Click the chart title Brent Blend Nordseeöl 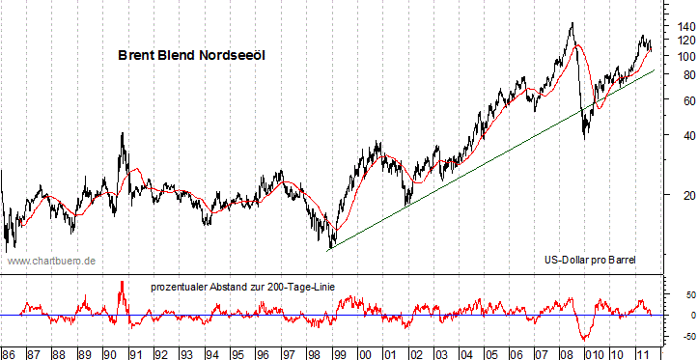[191, 56]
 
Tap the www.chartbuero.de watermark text [51, 261]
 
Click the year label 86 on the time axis [10, 351]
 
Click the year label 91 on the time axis [138, 351]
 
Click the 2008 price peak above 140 [572, 23]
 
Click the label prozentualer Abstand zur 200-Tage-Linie [241, 287]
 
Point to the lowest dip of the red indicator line [584, 339]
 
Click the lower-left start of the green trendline [329, 249]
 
